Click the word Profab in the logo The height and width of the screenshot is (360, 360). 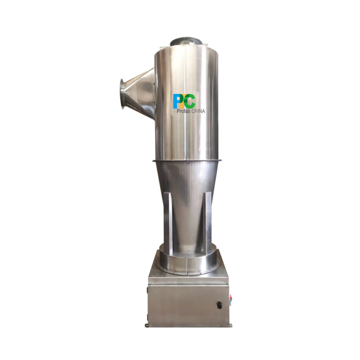(x=184, y=111)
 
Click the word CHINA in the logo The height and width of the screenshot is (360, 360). (x=198, y=111)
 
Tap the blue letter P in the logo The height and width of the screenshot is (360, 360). (x=177, y=101)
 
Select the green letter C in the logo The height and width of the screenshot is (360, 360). (x=189, y=101)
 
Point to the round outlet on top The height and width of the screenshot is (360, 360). (x=186, y=42)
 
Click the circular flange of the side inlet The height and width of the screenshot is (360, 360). (x=122, y=94)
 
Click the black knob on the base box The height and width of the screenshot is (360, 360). (x=219, y=305)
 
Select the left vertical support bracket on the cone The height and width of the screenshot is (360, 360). (x=167, y=223)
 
